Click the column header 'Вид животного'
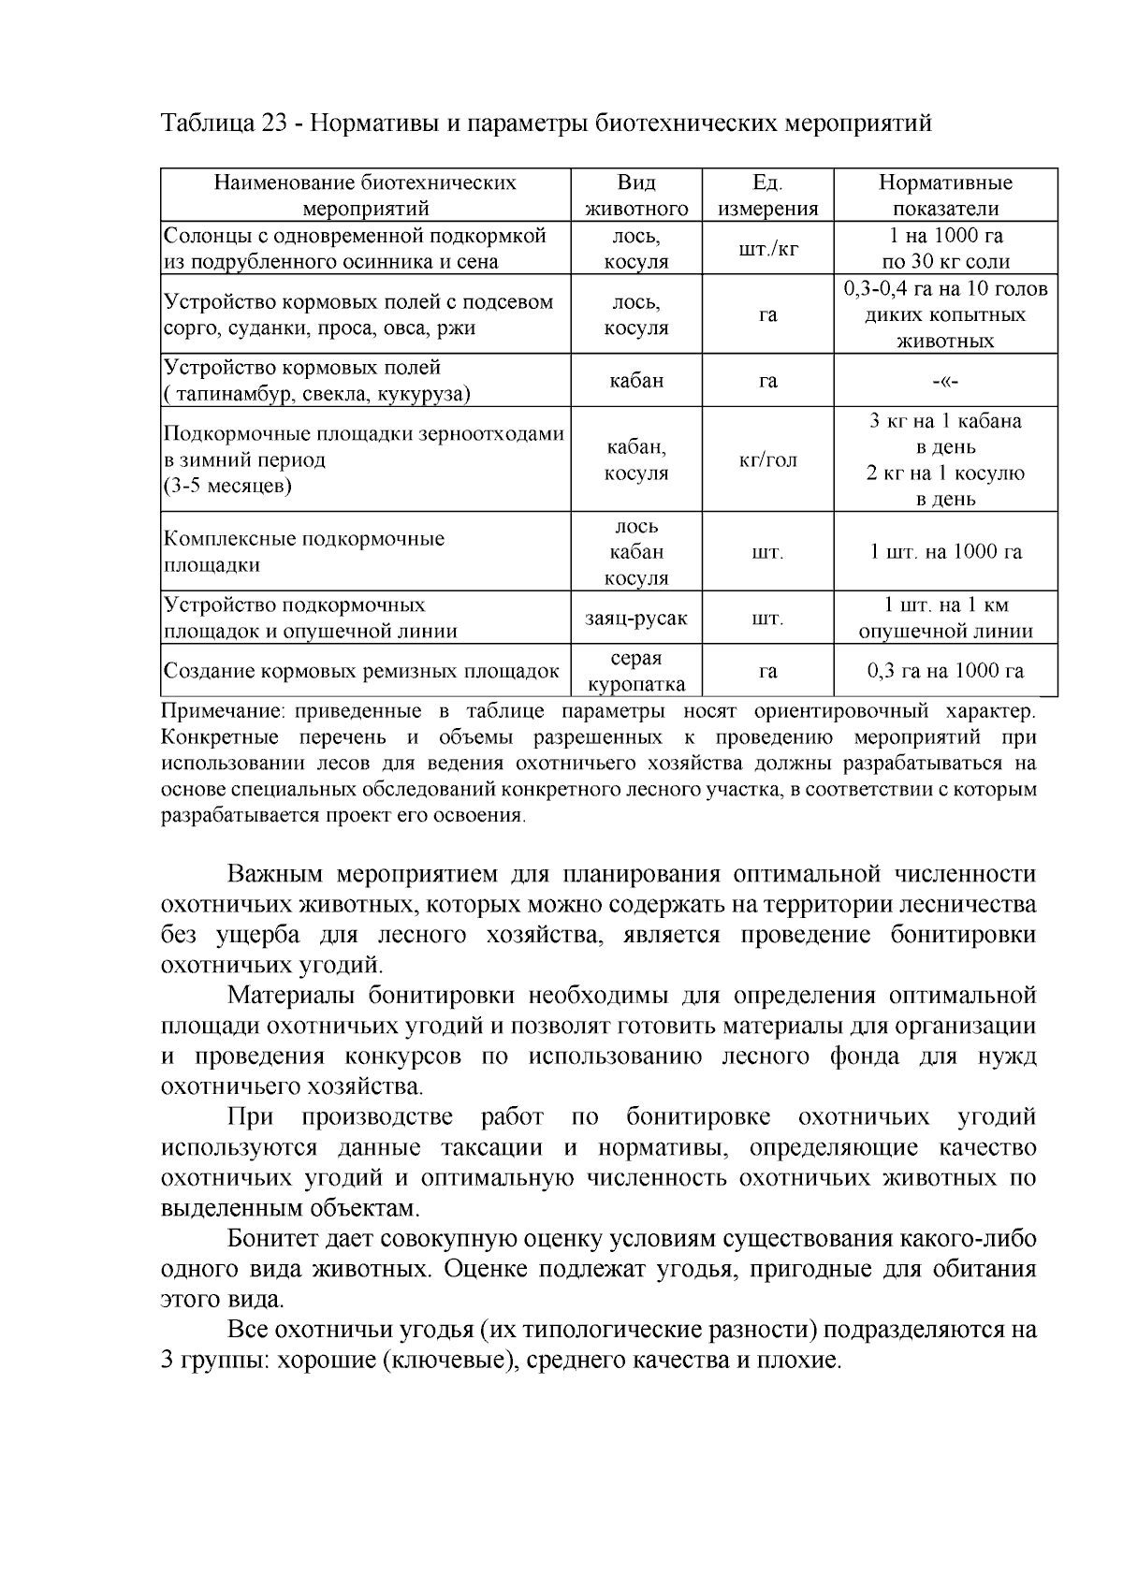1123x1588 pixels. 636,195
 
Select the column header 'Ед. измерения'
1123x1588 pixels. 767,195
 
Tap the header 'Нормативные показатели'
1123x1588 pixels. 945,195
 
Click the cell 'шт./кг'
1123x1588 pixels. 767,248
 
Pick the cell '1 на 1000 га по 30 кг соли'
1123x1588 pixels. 945,248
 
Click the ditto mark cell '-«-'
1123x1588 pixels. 945,381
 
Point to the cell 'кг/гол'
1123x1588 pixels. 767,459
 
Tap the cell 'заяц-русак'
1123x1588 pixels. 636,618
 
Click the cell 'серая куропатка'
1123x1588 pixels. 636,671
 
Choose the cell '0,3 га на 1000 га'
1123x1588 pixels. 945,671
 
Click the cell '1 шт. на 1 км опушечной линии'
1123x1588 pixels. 945,618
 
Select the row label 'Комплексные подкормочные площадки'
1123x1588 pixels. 304,551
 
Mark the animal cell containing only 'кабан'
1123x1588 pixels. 636,381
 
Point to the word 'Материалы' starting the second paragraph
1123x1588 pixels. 289,996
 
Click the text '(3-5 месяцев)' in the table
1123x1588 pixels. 227,486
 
